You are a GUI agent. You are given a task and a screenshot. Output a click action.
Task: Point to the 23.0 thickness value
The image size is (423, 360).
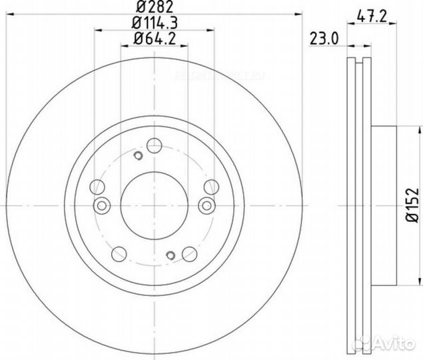click(x=324, y=39)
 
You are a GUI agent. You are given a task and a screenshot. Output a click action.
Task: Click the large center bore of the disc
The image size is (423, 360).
click(x=155, y=199)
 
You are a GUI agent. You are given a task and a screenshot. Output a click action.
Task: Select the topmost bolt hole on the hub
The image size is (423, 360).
click(x=155, y=145)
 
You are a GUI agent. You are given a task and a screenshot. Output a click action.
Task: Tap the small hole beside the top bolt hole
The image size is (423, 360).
click(x=138, y=156)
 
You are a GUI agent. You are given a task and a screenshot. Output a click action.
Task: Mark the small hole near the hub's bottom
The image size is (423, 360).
click(x=171, y=256)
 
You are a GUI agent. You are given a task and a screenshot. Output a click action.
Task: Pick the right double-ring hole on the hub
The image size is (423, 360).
click(x=207, y=205)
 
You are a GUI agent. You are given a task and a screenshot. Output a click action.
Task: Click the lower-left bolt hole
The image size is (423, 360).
click(x=120, y=253)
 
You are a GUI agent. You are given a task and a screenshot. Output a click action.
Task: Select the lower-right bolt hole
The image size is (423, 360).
click(x=189, y=253)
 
